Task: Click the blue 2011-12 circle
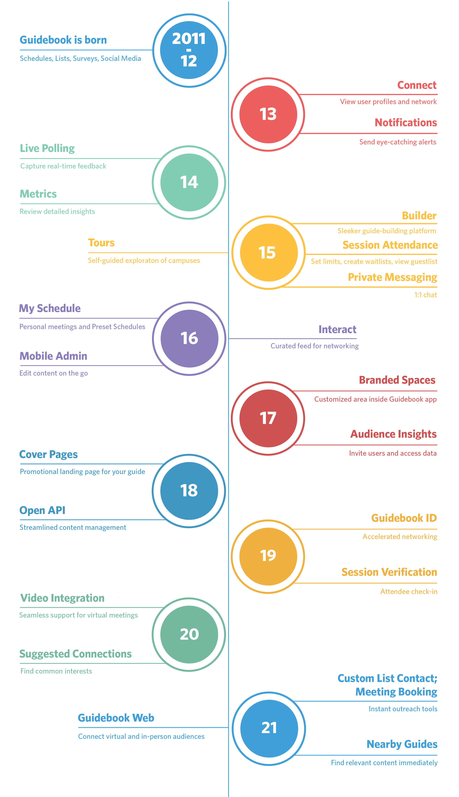coord(189,50)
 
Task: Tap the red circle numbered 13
coord(268,114)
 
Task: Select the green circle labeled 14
coord(189,182)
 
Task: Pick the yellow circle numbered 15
coord(269,252)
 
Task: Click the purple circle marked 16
coord(189,338)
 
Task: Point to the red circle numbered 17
coord(268,418)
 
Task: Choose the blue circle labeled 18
coord(189,491)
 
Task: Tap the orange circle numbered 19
coord(268,556)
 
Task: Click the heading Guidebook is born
coord(63,40)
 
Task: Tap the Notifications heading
coord(406,122)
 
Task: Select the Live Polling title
coord(47,148)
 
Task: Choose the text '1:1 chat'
coord(425,295)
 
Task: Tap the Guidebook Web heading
coord(116,718)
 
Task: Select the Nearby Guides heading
coord(402,744)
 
